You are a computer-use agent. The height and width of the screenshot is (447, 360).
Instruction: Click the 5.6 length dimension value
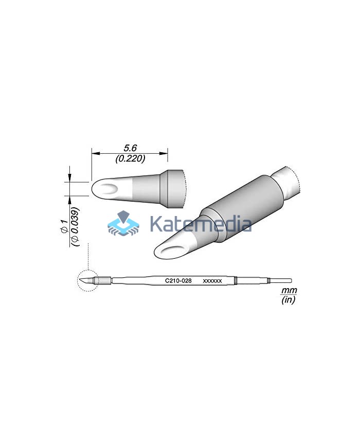130,148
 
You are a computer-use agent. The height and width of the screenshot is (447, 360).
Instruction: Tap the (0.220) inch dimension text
130,158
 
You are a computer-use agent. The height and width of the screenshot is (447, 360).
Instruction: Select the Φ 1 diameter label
64,227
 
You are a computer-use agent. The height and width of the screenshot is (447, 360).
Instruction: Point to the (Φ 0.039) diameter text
75,227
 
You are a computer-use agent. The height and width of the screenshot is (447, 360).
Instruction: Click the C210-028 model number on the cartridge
178,280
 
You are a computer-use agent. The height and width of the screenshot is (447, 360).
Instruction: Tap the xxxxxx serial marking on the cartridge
212,281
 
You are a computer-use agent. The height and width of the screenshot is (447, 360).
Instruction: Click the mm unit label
289,290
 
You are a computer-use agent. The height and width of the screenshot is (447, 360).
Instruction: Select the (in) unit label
288,299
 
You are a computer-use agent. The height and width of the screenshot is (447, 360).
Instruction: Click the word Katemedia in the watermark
201,224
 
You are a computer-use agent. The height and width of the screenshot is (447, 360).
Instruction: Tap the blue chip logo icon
123,223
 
